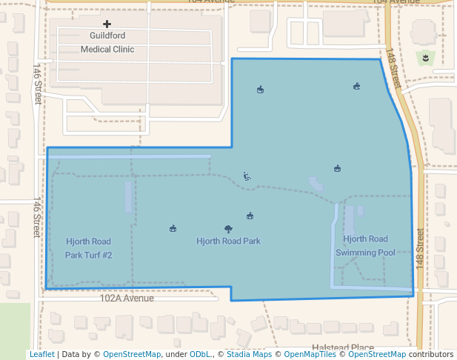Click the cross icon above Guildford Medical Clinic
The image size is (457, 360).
pos(107,24)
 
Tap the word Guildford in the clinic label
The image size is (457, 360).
pos(107,36)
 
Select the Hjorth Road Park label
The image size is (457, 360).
pos(228,241)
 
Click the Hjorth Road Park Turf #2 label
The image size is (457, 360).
pos(88,248)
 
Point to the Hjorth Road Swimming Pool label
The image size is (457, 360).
pos(365,245)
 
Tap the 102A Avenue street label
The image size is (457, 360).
pos(127,299)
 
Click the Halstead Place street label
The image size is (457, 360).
pos(342,347)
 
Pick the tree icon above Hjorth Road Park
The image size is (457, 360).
pos(228,229)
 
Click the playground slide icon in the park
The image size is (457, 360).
pos(247,176)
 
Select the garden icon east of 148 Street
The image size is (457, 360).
pos(426,57)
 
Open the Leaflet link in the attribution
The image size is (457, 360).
pos(41,355)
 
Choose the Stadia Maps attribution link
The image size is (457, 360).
pos(249,355)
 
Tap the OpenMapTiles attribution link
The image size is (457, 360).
pos(312,355)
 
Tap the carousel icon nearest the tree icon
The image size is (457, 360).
pos(250,216)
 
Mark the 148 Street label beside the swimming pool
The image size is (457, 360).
pos(419,247)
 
